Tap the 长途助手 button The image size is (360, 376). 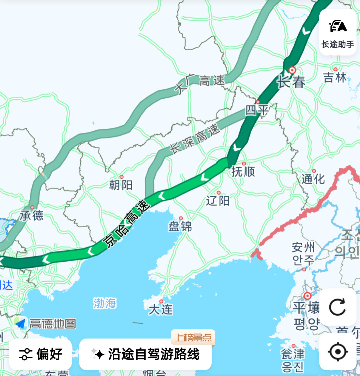click(x=338, y=32)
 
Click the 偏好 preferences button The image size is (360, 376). click(x=41, y=354)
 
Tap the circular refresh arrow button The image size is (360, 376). click(x=337, y=307)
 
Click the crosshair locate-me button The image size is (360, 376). click(x=337, y=351)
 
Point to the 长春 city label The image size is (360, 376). click(x=291, y=82)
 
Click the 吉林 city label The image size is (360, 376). click(x=335, y=78)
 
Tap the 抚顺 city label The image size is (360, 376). click(x=243, y=171)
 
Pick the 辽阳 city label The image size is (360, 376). click(x=218, y=201)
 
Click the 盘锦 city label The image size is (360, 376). click(x=180, y=227)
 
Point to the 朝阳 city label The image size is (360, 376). click(x=121, y=184)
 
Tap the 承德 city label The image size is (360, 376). click(x=32, y=215)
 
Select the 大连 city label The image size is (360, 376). click(x=161, y=309)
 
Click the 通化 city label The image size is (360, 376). click(x=313, y=179)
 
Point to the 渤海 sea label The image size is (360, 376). click(x=105, y=303)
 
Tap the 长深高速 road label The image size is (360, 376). click(x=195, y=139)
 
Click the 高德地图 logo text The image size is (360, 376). click(x=52, y=324)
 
